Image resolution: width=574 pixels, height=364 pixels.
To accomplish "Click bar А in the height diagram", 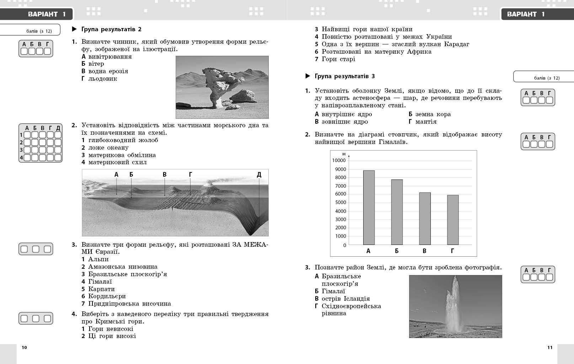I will tap(369, 208).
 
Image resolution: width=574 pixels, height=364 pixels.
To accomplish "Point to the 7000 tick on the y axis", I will tap(340, 186).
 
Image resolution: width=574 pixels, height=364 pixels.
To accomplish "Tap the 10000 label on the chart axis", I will tap(339, 160).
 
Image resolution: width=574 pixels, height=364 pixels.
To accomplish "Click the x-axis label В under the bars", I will tap(424, 251).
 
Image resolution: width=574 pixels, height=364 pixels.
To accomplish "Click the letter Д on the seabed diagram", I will tap(259, 175).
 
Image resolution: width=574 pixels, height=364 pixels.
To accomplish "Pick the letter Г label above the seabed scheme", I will tap(191, 175).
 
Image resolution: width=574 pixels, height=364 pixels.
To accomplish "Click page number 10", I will tap(24, 347).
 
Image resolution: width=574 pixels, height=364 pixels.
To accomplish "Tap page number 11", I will tap(550, 347).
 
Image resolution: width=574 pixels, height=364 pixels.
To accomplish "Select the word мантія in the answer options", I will tap(426, 122).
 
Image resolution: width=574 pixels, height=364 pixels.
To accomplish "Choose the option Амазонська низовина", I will tap(123, 267).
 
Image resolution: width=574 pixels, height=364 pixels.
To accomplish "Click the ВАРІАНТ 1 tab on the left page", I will tap(47, 14).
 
